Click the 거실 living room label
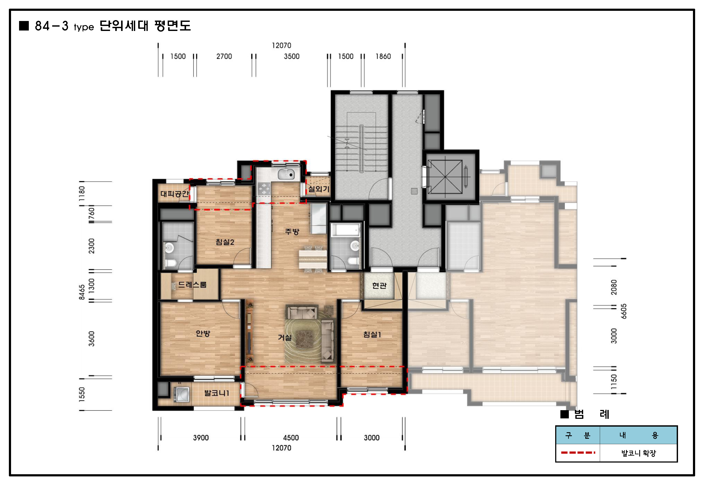pos(285,337)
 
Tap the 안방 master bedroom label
pos(203,334)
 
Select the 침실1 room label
pos(372,334)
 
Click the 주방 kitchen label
pos(292,232)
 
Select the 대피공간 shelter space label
pos(174,194)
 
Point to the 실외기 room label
pos(318,189)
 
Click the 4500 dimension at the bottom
pos(291,438)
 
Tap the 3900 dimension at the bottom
pos(201,438)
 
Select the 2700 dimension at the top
pos(224,56)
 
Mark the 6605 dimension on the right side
pos(624,311)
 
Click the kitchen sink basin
pos(286,174)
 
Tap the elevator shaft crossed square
pos(445,177)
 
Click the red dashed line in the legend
pos(578,453)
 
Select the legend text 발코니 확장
pos(638,453)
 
